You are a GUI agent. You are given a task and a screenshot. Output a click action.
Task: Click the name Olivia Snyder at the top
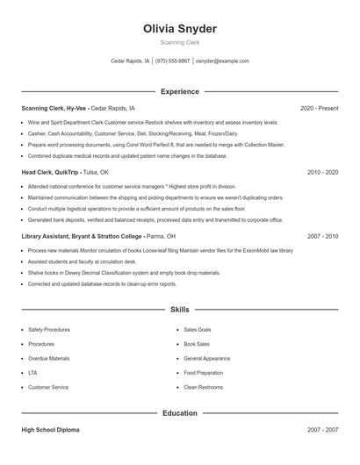coord(179,29)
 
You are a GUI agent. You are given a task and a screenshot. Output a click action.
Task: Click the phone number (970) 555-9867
coord(173,61)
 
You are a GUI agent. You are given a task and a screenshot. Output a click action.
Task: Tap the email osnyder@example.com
coord(222,61)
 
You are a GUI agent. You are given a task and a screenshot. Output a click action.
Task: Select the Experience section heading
coord(179,91)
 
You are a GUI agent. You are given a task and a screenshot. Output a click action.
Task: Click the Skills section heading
coord(179,310)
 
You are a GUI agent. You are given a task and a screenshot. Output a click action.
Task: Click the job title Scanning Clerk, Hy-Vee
coord(54,108)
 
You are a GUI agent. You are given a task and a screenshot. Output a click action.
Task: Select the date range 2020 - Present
coord(319,108)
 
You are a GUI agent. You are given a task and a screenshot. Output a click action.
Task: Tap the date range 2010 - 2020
coord(322,172)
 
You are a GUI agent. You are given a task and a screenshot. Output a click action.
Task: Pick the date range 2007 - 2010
coord(322,236)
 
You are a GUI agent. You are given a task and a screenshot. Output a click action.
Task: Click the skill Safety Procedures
coord(49,330)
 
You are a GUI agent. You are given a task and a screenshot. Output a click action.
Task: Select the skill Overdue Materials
coord(49,358)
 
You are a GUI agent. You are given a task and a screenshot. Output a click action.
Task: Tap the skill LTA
coord(32,373)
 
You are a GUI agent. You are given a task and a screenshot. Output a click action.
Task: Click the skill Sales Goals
coord(198,330)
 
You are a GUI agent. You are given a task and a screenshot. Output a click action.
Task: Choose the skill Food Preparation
coord(204,373)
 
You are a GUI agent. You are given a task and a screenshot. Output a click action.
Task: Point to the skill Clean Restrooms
coord(203,387)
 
